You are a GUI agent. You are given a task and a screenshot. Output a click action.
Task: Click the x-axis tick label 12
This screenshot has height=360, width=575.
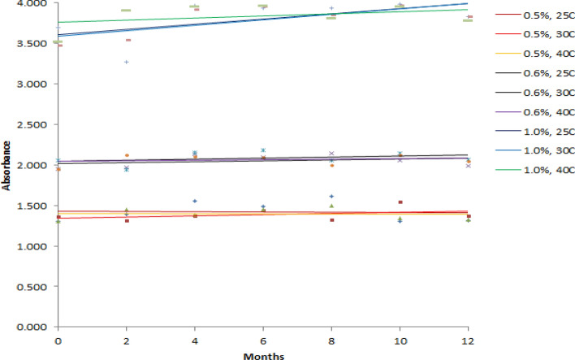468,338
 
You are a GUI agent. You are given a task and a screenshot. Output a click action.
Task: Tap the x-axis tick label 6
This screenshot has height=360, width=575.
263,338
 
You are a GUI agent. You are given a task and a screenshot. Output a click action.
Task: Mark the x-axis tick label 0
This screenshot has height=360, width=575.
58,338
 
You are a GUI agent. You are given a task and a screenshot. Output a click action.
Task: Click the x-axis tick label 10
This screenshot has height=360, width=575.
400,338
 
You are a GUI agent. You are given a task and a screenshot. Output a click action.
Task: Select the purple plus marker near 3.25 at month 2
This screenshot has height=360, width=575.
126,62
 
